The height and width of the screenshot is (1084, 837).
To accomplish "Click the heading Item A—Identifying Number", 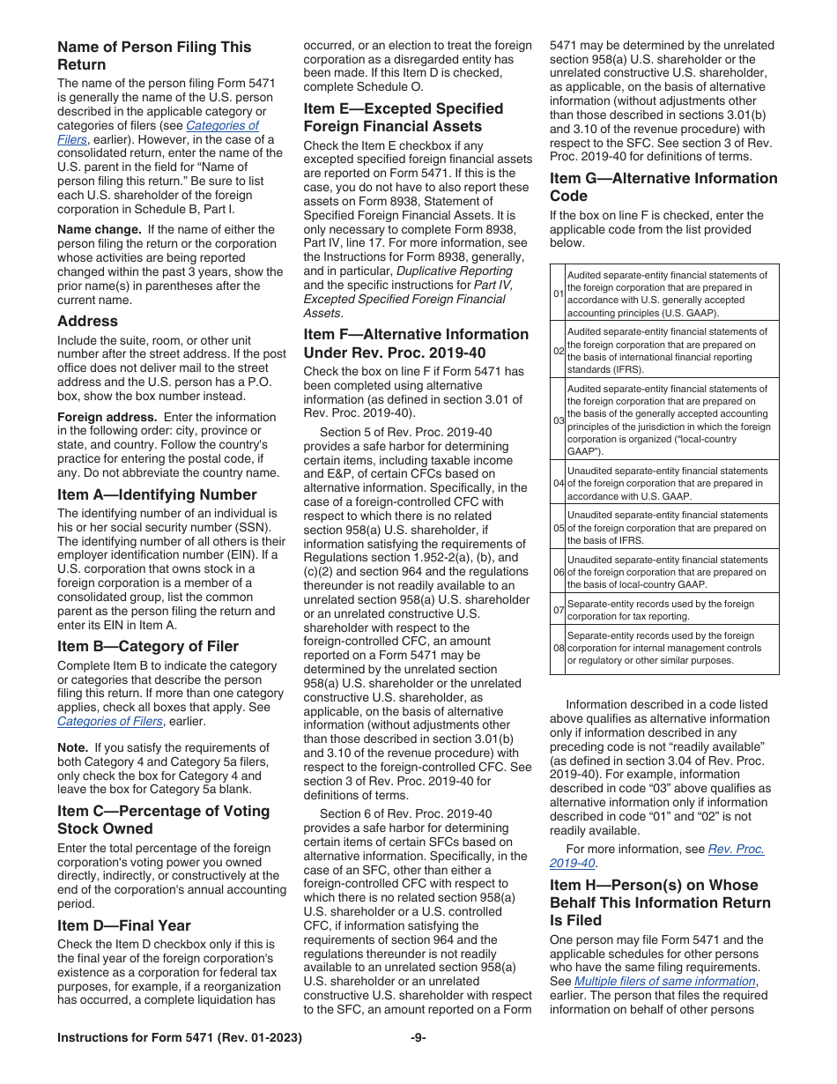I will pos(157,494).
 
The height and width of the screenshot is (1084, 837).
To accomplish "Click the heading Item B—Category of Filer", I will pos(147,646).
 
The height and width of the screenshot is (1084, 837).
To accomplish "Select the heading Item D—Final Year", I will pos(123,925).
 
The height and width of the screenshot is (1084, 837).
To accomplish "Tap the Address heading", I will pos(87,322).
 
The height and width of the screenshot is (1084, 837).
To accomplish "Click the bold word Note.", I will pos(73,747).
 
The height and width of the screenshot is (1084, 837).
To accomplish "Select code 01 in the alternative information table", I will pos(559,293).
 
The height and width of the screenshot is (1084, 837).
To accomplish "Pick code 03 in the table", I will pos(559,420).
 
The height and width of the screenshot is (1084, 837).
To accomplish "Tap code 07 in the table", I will pos(559,610).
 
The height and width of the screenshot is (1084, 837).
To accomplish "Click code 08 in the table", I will pos(559,648).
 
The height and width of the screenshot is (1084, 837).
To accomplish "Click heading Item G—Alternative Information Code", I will pos(663,187).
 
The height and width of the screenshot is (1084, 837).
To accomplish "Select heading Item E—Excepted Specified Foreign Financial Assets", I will pos(404,117).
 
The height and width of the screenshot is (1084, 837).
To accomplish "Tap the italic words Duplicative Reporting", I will pos(454,271).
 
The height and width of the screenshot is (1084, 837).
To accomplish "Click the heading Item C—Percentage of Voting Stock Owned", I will pos(163,820).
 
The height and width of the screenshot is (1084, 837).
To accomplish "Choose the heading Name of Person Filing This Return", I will pos(154,56).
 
